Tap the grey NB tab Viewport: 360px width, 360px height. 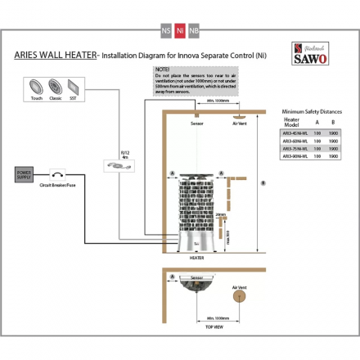click(194, 30)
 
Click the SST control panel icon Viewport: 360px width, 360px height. click(74, 87)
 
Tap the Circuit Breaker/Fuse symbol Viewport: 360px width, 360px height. click(56, 174)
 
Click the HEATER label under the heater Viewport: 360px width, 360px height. click(196, 257)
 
